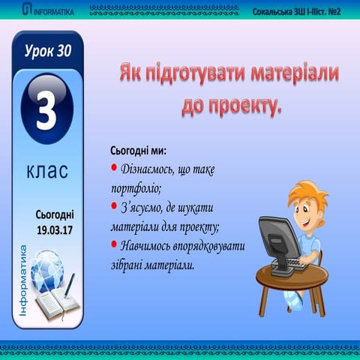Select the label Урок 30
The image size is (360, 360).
pos(46,52)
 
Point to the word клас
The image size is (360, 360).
pos(46,171)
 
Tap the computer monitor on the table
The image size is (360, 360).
pos(277,235)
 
